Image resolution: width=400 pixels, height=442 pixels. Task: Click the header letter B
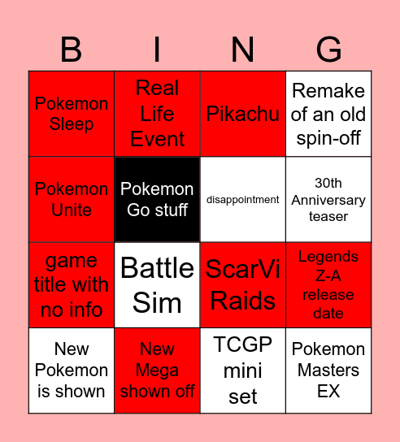point(72,50)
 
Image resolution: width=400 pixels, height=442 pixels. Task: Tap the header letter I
point(157,50)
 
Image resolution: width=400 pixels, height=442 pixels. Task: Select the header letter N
point(243,50)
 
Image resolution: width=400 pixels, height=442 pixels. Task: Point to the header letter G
point(328,50)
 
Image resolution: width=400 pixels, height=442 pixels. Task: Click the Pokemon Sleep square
point(72,114)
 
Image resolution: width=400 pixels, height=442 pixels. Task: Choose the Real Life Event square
point(157,114)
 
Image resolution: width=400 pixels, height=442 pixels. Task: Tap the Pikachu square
point(243,114)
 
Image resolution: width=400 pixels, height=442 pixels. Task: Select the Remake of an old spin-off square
point(328,114)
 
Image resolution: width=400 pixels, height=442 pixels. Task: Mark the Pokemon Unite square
point(72,199)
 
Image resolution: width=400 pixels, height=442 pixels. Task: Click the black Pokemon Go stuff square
point(157,199)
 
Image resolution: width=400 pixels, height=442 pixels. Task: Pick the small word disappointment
point(243,200)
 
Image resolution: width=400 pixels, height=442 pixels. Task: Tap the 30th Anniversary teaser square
point(328,199)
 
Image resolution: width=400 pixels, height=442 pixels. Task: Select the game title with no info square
point(72,285)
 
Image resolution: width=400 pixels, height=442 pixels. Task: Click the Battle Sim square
point(157,285)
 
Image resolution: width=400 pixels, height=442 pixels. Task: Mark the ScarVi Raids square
point(243,285)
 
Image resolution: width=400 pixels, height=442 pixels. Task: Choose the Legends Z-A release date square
point(328,285)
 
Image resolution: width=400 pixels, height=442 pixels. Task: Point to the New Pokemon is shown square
point(72,370)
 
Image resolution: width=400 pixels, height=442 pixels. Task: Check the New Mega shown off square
point(157,370)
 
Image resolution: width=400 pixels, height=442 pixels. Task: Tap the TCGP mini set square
point(243,370)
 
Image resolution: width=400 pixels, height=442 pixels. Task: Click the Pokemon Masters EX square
point(328,370)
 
